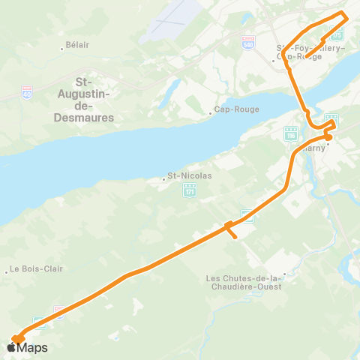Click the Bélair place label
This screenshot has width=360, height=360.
point(77,45)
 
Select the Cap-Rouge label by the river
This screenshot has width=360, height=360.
point(237,109)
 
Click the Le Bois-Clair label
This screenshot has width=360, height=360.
point(35,269)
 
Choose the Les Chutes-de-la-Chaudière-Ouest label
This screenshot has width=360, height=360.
point(245,284)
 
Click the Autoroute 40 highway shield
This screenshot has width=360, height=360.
point(27,94)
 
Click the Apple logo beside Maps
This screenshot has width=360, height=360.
point(13,347)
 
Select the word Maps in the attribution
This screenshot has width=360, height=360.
point(34,347)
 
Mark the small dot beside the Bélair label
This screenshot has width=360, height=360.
point(62,49)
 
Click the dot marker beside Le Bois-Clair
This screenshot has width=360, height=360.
point(7,273)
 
